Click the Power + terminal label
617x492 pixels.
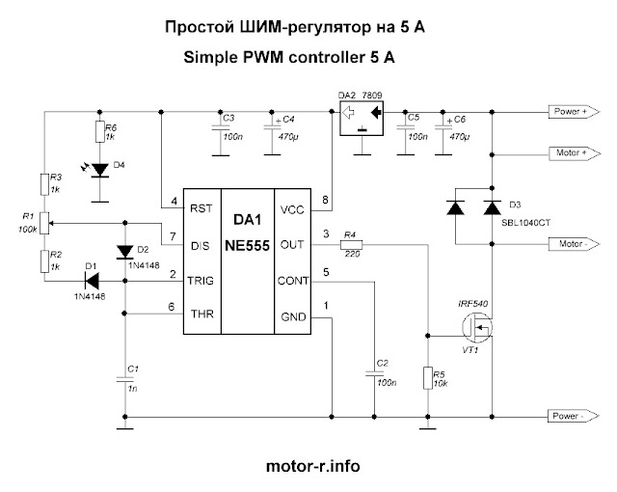tap(575, 112)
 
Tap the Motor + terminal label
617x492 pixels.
tap(575, 152)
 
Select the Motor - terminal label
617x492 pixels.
tap(575, 244)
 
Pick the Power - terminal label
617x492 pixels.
tap(574, 416)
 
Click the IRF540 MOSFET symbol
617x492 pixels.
tap(477, 327)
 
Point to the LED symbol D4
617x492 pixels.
tap(99, 171)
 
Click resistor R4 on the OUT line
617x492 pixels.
tap(351, 245)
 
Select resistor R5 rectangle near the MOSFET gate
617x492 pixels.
tap(428, 378)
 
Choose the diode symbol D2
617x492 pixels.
tap(125, 252)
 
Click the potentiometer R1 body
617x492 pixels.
tap(44, 223)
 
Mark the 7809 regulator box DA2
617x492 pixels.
tap(362, 119)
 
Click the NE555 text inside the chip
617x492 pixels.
tap(247, 246)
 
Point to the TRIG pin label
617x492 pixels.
tap(201, 281)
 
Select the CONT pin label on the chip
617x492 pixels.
tap(293, 281)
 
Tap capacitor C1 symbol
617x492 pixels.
tap(124, 379)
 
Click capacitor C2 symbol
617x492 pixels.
tap(374, 373)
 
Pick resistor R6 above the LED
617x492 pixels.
tap(99, 131)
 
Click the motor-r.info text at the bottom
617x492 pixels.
tap(313, 466)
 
